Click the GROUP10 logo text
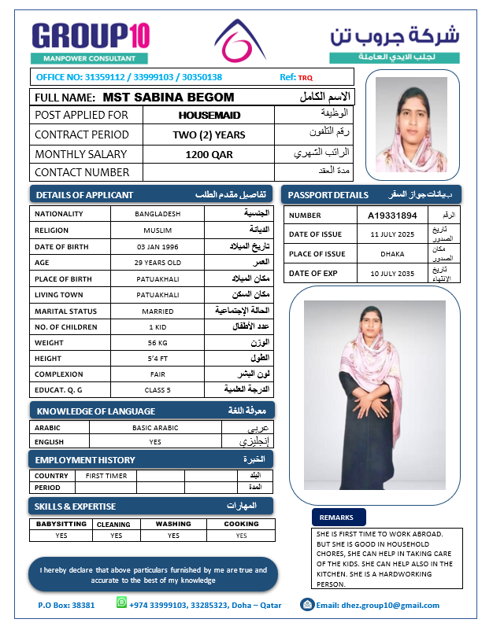pos(91,36)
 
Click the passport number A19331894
pos(392,215)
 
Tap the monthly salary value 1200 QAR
pos(209,154)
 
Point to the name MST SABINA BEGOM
pos(169,97)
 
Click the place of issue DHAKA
pos(391,253)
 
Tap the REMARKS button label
pos(339,517)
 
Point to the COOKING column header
pos(241,524)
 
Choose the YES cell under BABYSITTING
pos(61,536)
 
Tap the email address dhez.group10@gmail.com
pos(378,606)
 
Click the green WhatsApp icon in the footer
pos(121,602)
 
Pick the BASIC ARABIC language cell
pos(155,428)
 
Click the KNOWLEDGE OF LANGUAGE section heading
pos(96,411)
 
